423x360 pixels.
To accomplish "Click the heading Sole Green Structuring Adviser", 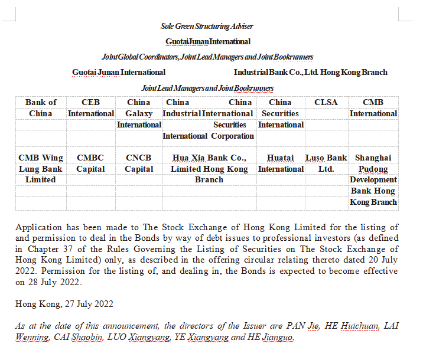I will pos(207,26).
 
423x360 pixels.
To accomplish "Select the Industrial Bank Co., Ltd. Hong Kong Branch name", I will pos(310,72).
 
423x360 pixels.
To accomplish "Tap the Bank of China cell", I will pos(41,108).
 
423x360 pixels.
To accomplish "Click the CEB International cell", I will pos(90,108).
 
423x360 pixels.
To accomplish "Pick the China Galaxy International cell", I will pos(139,113).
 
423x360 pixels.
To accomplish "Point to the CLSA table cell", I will pos(326,103).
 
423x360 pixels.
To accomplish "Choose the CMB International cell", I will pos(373,108).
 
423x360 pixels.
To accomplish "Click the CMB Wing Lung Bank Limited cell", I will pos(41,169).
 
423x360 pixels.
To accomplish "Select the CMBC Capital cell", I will pos(90,163).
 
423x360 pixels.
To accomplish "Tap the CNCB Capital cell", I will pos(139,163).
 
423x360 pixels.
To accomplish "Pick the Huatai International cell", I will pos(280,163).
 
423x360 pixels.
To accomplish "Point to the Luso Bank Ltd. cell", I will pos(326,163).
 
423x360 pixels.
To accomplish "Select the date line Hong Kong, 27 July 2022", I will pos(64,304).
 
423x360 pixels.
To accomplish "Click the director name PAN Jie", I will pos(302,325).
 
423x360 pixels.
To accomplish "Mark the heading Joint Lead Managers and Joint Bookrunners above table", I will pos(207,88).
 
